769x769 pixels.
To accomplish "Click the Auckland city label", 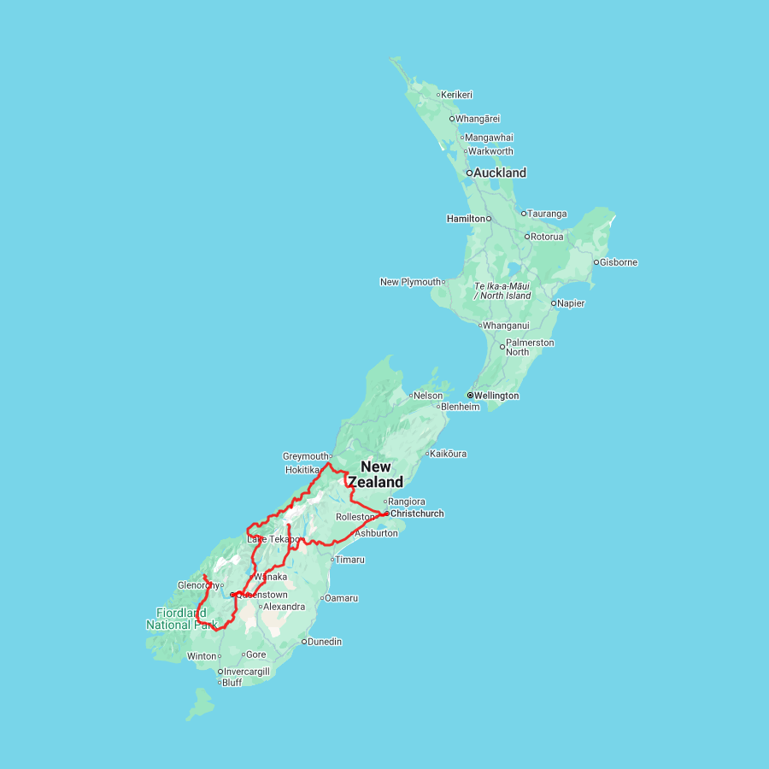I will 501,173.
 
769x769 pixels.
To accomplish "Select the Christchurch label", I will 417,514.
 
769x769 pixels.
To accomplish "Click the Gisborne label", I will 619,262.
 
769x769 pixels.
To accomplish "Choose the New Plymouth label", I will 411,282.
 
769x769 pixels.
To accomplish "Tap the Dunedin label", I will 325,642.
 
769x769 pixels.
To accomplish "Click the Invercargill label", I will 247,672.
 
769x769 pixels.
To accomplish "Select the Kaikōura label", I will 449,454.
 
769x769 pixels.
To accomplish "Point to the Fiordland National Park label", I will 181,619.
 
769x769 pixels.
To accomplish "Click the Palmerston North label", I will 530,347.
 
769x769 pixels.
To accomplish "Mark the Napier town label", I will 572,303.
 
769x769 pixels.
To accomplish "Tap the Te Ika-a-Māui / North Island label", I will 502,291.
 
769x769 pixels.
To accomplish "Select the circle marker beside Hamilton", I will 490,219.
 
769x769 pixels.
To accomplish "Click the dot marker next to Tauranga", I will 524,214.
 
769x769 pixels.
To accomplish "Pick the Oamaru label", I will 342,598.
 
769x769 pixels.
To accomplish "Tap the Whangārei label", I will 478,119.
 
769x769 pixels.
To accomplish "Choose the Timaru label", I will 349,560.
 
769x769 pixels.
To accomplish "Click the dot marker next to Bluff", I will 220,683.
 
